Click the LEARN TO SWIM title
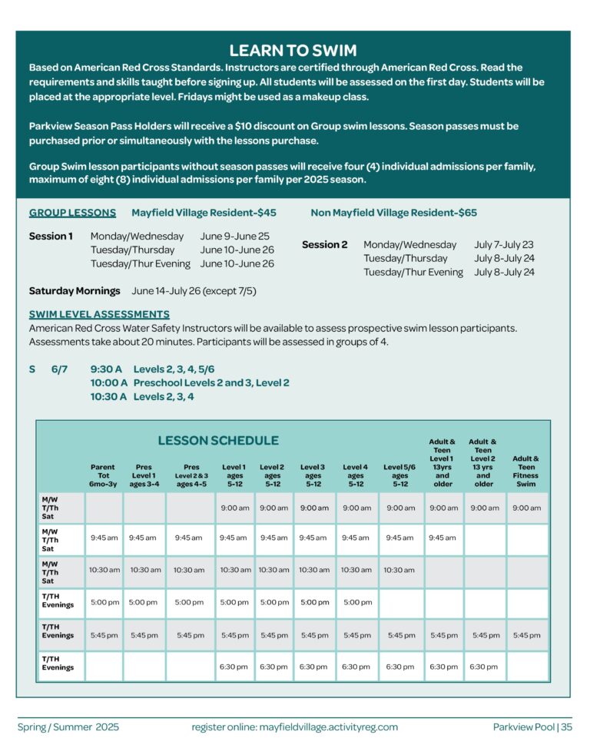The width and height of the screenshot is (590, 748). click(x=293, y=51)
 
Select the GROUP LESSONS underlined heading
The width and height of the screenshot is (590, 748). click(x=72, y=213)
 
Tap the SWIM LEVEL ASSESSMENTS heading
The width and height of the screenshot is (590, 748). click(x=99, y=314)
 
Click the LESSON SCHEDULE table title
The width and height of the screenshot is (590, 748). click(x=218, y=441)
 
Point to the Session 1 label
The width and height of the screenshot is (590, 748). click(x=51, y=237)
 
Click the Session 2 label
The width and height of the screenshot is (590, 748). click(x=324, y=245)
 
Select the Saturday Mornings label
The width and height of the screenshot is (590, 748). click(x=75, y=291)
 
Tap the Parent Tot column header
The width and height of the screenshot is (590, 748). click(x=102, y=475)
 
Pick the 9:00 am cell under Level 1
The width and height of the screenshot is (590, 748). click(x=234, y=508)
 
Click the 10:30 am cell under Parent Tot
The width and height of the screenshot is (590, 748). click(x=104, y=570)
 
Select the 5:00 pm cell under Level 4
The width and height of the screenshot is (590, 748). click(x=356, y=602)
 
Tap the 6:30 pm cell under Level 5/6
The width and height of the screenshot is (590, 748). click(x=399, y=667)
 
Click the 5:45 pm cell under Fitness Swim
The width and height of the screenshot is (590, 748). click(x=526, y=635)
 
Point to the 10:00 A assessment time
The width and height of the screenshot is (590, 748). click(x=108, y=382)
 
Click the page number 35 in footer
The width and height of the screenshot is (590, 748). click(x=566, y=726)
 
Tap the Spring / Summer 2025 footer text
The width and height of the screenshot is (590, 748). click(x=68, y=726)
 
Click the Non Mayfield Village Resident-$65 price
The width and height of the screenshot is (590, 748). click(x=393, y=213)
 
